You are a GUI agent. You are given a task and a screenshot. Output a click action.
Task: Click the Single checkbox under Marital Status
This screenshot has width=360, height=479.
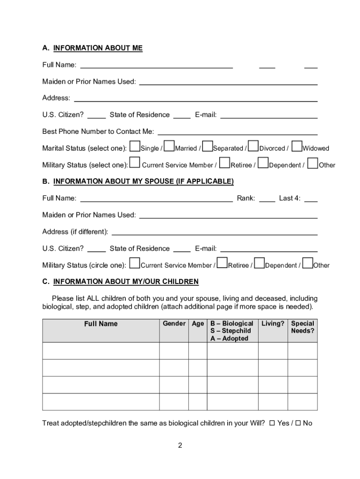point(135,146)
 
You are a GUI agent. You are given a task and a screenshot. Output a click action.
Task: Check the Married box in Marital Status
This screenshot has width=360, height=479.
point(170,146)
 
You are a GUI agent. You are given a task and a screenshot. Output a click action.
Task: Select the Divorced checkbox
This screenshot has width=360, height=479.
point(253,146)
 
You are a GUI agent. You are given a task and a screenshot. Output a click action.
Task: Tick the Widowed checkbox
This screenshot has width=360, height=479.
point(297,146)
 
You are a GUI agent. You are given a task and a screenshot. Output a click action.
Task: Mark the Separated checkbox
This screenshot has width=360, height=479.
point(208,146)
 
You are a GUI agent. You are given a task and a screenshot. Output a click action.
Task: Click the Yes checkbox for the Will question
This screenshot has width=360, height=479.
point(272,423)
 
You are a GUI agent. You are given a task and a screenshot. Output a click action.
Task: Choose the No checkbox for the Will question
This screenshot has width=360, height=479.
point(297,423)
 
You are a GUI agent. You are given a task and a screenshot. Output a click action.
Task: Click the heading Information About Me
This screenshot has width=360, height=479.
point(98,48)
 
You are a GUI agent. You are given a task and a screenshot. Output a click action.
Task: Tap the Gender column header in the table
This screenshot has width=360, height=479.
point(174,324)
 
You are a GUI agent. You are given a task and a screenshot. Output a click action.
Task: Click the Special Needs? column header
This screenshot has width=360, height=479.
point(302,327)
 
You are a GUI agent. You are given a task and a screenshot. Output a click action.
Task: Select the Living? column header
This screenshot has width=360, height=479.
point(273,324)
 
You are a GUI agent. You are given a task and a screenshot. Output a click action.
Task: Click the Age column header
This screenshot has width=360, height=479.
point(198,324)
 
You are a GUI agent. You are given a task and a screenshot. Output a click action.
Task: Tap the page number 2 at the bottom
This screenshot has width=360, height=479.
point(180,445)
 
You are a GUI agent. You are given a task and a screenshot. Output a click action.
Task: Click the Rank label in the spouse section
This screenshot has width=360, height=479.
point(245,198)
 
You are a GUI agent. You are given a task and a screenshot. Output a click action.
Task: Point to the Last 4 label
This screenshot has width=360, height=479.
point(289,198)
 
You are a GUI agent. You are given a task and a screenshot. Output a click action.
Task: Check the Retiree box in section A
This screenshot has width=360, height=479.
point(224,163)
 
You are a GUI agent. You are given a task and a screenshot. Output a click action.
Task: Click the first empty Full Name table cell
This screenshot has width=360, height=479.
point(101,351)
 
